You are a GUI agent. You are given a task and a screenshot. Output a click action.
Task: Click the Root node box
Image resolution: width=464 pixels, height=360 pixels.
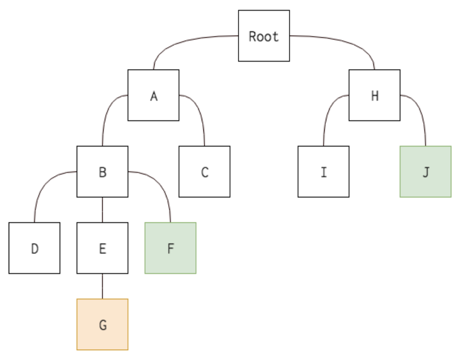263,36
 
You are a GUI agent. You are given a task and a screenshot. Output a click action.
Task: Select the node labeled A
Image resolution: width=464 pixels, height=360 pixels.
153,95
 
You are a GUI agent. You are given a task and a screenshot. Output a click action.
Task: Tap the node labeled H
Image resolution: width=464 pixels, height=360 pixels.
374,95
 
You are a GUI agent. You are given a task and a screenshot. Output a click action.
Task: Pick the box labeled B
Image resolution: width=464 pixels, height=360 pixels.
102,172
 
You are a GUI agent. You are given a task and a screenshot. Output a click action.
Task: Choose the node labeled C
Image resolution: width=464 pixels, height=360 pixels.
204,172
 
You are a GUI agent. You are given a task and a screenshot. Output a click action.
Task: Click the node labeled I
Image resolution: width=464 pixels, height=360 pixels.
323,172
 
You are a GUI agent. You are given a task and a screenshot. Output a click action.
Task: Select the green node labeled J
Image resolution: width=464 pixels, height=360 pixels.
425,172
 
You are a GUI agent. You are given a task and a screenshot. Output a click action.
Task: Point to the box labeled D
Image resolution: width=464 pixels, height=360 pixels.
34,248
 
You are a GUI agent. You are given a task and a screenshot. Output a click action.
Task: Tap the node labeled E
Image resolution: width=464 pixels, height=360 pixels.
102,248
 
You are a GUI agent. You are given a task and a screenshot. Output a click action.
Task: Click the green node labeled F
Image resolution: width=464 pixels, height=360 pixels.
170,248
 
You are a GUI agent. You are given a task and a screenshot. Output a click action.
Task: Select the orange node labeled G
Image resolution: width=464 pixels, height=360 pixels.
102,324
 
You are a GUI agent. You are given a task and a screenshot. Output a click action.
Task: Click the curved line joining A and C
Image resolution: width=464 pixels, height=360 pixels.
198,110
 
